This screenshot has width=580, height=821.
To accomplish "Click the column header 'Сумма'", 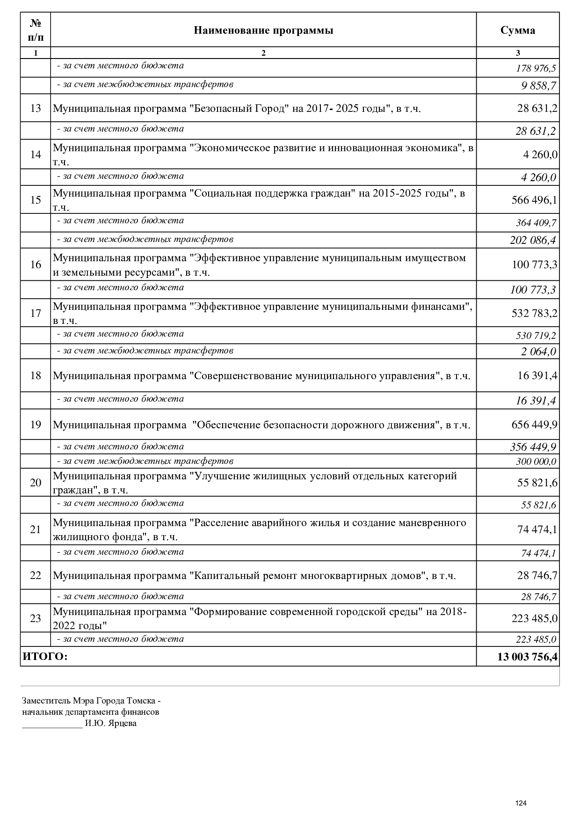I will pyautogui.click(x=518, y=31).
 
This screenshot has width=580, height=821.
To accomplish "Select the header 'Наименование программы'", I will pyautogui.click(x=263, y=31).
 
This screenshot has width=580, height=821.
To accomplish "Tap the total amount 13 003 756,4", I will pyautogui.click(x=527, y=657).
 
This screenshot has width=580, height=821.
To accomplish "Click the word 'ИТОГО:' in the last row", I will pyautogui.click(x=45, y=657).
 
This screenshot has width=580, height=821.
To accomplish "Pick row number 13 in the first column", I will pyautogui.click(x=36, y=109).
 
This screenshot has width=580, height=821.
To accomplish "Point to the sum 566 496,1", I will pyautogui.click(x=534, y=200).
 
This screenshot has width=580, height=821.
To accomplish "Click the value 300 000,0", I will pyautogui.click(x=536, y=462).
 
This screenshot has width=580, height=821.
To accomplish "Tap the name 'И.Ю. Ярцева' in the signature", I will pyautogui.click(x=111, y=724).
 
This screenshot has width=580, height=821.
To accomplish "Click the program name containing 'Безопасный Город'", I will pyautogui.click(x=237, y=109).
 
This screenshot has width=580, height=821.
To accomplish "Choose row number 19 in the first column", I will pyautogui.click(x=36, y=425).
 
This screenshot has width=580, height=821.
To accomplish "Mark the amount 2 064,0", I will pyautogui.click(x=539, y=352).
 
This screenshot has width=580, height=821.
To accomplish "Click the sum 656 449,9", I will pyautogui.click(x=534, y=425).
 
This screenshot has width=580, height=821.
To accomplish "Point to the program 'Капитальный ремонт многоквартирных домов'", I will pyautogui.click(x=254, y=576).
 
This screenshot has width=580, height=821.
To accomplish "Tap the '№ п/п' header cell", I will pyautogui.click(x=36, y=30).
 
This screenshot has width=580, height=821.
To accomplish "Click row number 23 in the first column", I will pyautogui.click(x=36, y=619).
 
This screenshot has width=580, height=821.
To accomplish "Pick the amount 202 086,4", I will pyautogui.click(x=533, y=241).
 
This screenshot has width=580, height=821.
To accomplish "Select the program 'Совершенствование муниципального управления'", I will pyautogui.click(x=261, y=376).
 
